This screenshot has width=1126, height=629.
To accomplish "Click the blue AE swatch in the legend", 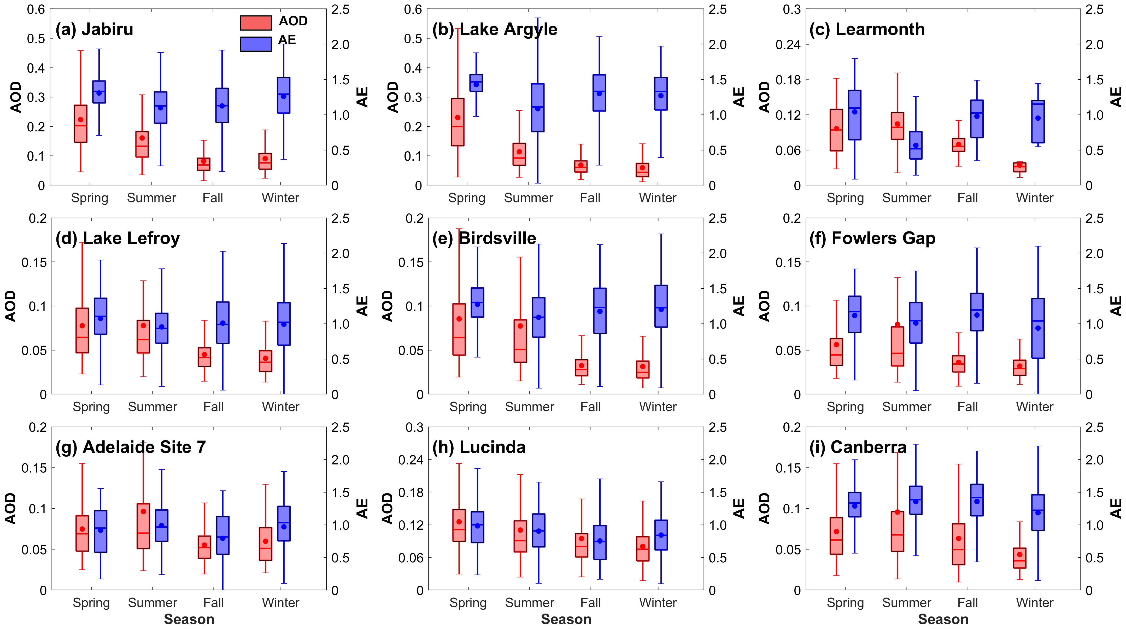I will point(256,44).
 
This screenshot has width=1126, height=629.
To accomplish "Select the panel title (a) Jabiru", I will point(95,29).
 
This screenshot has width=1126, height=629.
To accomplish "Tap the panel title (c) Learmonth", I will point(867,29).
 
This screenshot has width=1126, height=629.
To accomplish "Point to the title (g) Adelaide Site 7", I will point(131,447).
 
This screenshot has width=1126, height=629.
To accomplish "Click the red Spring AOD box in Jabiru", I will point(80,124).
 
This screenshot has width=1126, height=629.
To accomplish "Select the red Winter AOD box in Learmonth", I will point(1019,167).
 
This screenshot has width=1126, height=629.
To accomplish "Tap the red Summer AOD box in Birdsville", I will point(520,341).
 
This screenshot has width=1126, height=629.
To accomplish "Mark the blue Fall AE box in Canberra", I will point(977,500).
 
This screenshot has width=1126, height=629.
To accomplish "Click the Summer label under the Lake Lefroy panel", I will point(153,407).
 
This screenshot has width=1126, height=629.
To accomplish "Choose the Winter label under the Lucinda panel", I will point(658,603).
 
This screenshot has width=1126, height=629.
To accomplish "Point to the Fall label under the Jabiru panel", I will point(213,198).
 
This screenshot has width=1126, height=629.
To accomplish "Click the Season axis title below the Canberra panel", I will point(943,619).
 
